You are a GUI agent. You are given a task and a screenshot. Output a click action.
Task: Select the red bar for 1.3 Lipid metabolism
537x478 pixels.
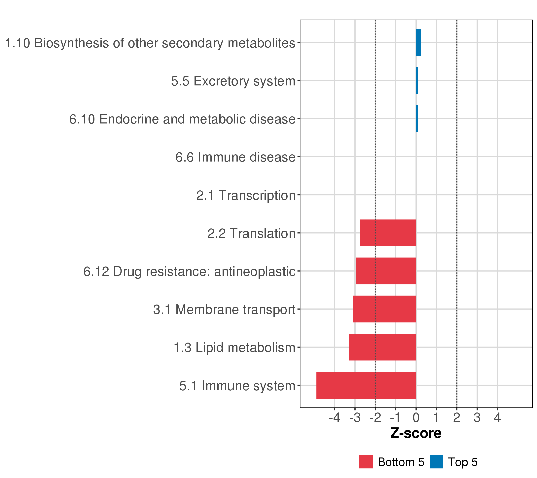382,347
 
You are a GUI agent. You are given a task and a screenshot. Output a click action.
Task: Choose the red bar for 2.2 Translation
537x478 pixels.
388,233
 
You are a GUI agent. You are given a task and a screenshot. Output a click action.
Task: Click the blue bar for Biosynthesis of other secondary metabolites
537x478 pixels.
418,43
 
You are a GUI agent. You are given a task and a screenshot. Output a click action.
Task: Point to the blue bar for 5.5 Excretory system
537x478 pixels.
417,80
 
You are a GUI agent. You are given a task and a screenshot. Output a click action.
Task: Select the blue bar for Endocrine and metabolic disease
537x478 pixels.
417,119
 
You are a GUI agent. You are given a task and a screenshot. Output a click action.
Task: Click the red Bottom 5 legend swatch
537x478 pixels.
366,462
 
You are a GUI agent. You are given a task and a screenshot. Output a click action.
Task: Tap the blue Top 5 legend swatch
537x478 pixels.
436,462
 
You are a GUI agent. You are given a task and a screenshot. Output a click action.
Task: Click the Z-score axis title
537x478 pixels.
416,433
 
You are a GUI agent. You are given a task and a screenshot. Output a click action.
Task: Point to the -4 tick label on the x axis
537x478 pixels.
335,417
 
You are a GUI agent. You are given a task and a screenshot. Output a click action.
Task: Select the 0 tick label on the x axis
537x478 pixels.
416,417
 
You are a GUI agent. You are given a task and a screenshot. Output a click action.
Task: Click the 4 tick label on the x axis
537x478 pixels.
497,417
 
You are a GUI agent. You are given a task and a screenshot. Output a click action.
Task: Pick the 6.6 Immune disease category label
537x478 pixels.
235,157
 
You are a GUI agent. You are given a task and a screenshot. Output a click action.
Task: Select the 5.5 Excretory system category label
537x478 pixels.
233,81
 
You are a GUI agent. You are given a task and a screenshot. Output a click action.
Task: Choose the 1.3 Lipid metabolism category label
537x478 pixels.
235,348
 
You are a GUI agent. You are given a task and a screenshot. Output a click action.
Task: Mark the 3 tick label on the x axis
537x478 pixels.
477,417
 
